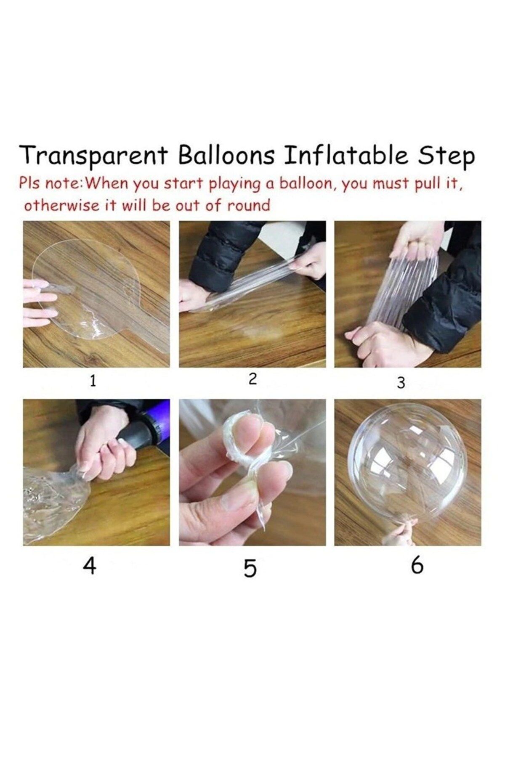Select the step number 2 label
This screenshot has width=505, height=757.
[252, 379]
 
